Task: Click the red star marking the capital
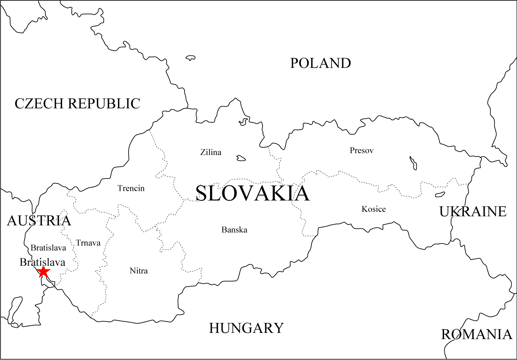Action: coord(43,272)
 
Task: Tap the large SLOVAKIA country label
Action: coord(252,193)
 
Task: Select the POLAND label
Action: coord(320,63)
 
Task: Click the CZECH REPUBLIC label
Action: coord(77,104)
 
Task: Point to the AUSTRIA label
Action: coord(39,221)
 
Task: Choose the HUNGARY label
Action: coord(246,328)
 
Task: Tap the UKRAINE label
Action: coord(473,212)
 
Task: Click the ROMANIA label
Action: coord(477,334)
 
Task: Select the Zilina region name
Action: coord(211,152)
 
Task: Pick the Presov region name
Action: coord(362,150)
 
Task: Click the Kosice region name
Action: coord(374,209)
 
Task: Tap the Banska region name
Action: coord(234,230)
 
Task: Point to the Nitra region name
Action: coord(139,271)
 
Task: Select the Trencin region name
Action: coord(131,188)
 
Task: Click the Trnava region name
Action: coord(88,243)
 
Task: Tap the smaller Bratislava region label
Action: coord(48,248)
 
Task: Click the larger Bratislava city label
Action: coord(42,262)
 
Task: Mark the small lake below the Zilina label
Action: coord(241,158)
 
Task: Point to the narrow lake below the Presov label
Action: coord(413,163)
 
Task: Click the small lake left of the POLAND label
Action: coord(190,58)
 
